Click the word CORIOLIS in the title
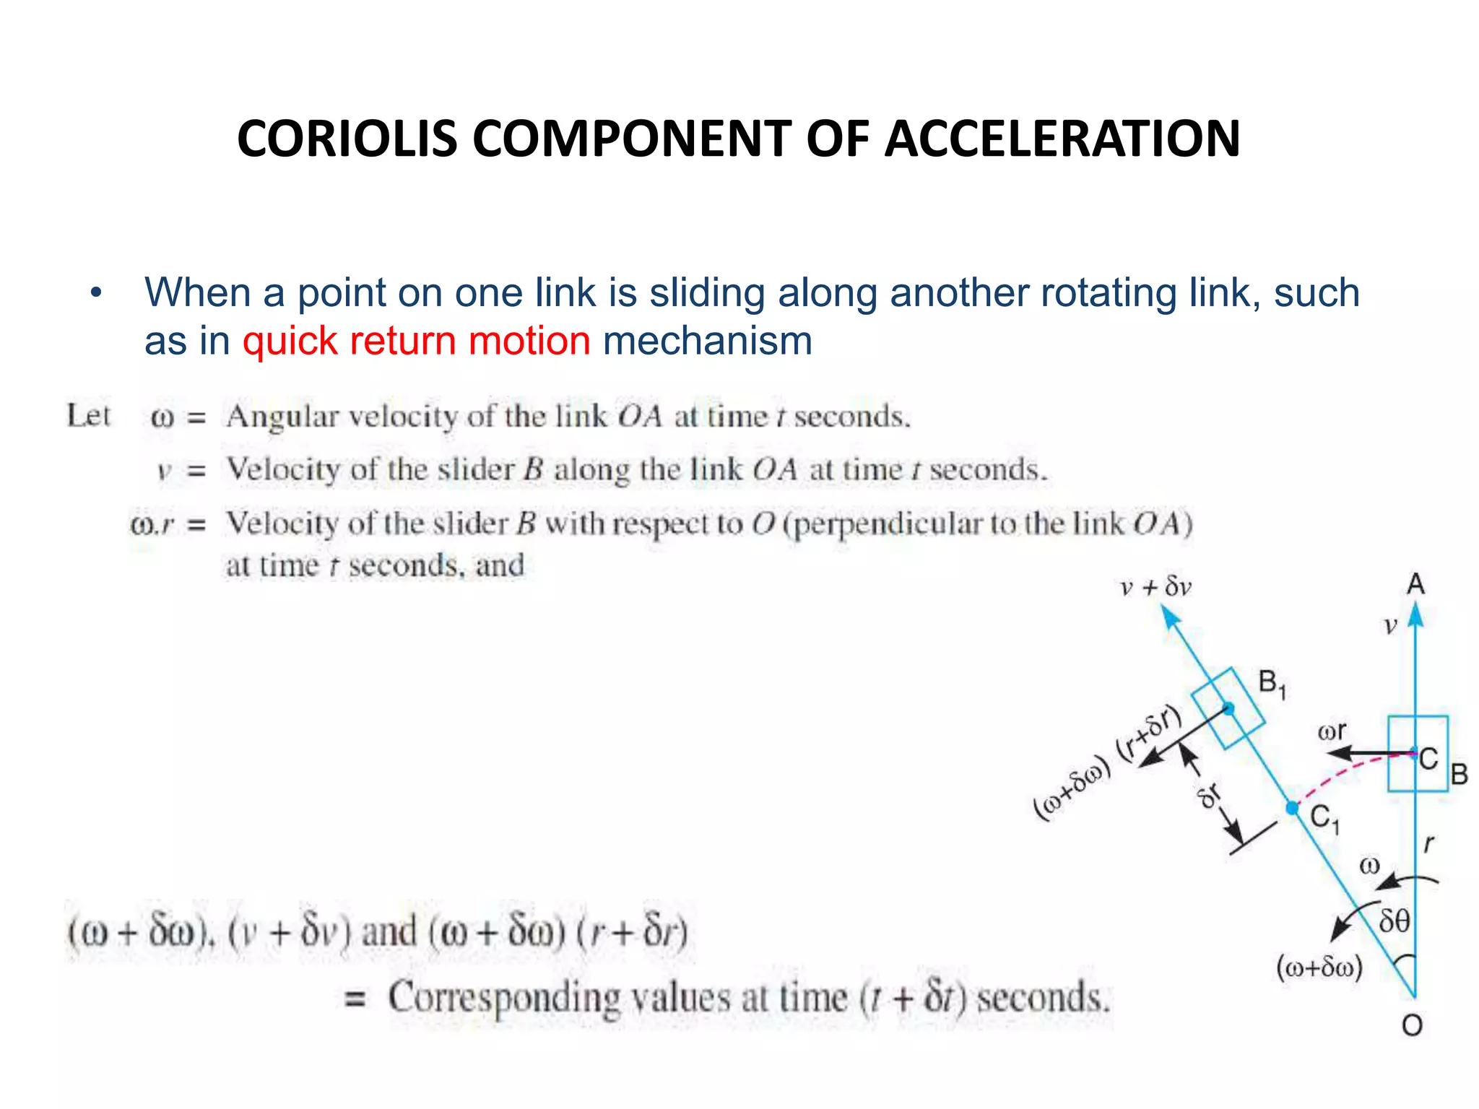click(x=347, y=139)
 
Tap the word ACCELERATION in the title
click(x=1062, y=139)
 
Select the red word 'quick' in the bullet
click(x=290, y=341)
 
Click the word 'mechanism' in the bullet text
click(x=707, y=341)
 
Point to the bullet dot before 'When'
click(x=96, y=294)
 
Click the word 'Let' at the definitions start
click(x=88, y=416)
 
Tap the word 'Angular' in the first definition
click(x=282, y=417)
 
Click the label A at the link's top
click(x=1415, y=583)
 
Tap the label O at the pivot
click(x=1412, y=1025)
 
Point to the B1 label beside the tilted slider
click(x=1272, y=683)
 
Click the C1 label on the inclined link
click(x=1324, y=819)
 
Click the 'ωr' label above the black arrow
click(x=1332, y=731)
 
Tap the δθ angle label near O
click(x=1394, y=921)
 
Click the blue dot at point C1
click(x=1293, y=808)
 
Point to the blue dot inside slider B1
click(x=1228, y=708)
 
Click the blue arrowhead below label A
click(x=1415, y=615)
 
